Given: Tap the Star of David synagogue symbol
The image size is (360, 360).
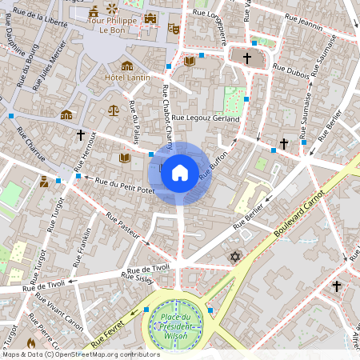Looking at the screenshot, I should (x=234, y=257).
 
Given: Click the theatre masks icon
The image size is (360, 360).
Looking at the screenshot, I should (x=173, y=28).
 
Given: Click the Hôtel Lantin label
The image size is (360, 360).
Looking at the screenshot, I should (x=126, y=78).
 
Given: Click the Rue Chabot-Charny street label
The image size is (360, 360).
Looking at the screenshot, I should (x=168, y=116).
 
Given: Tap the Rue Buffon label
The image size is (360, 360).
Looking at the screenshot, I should (x=214, y=163).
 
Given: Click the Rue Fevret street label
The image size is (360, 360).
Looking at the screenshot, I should (x=109, y=335).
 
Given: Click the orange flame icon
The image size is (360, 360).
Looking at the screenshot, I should (x=31, y=342).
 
